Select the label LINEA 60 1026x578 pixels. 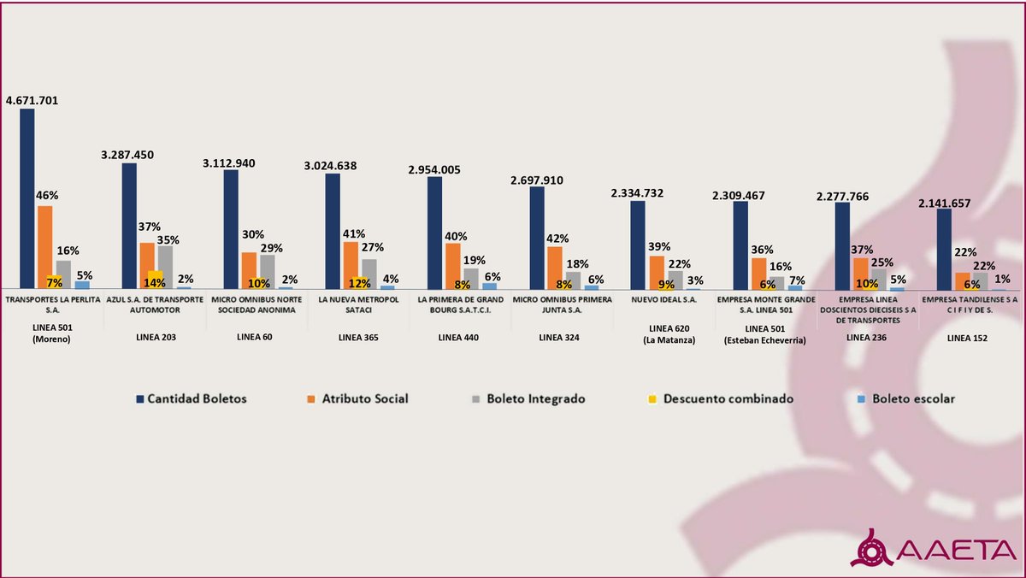pos(255,338)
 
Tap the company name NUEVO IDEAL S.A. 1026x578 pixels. pos(664,301)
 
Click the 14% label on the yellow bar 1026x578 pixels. pos(155,283)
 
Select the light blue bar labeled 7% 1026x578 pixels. pos(795,286)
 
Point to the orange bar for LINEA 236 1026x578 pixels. pos(861,274)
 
